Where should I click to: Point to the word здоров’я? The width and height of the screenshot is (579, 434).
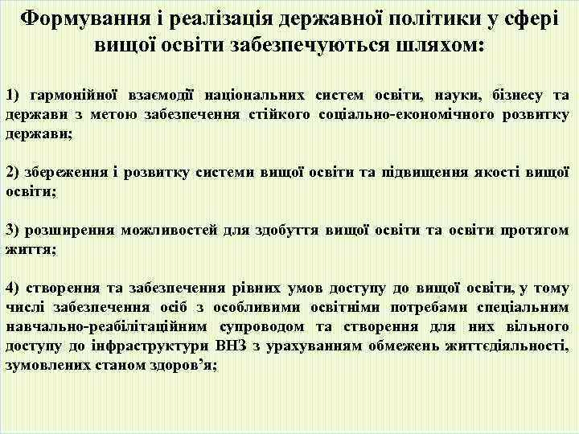tap(175, 365)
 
